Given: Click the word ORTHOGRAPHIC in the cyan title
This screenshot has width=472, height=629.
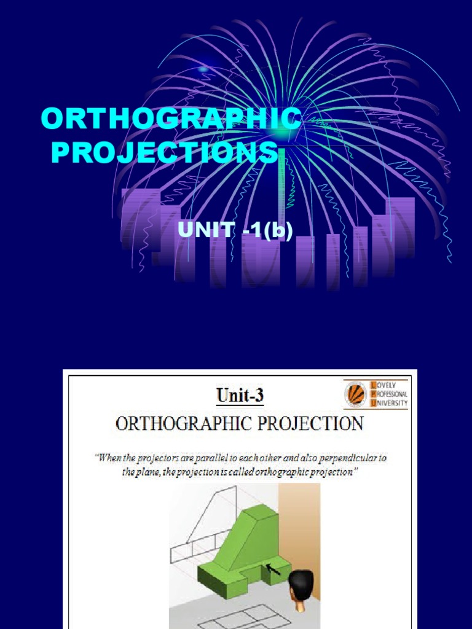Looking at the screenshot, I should click(x=171, y=118).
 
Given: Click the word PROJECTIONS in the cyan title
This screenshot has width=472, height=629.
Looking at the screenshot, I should click(x=165, y=152).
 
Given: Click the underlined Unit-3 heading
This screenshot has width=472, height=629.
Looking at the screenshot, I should click(x=240, y=396).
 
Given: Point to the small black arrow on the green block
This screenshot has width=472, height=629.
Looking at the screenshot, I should click(x=273, y=569).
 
